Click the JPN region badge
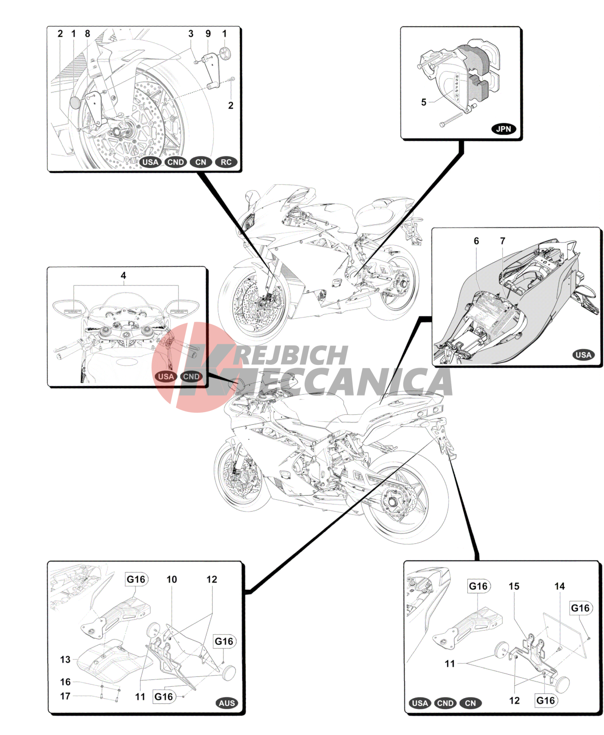point(503,129)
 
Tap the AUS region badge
point(227,703)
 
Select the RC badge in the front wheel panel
point(226,162)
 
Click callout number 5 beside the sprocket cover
point(424,102)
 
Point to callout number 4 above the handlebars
point(123,276)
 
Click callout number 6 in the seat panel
point(476,241)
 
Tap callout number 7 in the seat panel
point(503,241)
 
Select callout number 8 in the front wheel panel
point(87,34)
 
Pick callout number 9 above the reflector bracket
point(208,34)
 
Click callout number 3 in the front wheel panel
point(191,34)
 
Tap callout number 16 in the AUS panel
point(65,682)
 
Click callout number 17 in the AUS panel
point(65,696)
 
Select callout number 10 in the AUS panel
point(172,579)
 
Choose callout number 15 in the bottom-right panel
point(514,586)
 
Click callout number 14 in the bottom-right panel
point(559,586)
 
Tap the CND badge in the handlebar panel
point(191,376)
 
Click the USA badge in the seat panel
point(583,355)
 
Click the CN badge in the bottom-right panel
point(470,703)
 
